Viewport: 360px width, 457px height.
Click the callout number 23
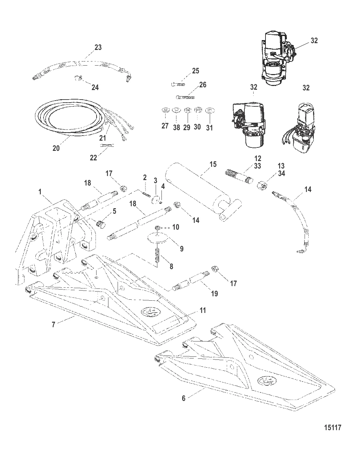point(98,48)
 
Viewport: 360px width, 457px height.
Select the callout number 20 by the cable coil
point(56,148)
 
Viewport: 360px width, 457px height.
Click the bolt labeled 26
point(185,97)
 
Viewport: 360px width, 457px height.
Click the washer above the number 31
point(210,111)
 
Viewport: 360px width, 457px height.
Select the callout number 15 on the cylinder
point(213,164)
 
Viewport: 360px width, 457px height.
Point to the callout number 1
point(40,192)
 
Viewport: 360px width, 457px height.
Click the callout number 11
point(203,310)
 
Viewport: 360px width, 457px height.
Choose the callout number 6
point(184,398)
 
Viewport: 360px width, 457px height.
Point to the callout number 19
point(214,294)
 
